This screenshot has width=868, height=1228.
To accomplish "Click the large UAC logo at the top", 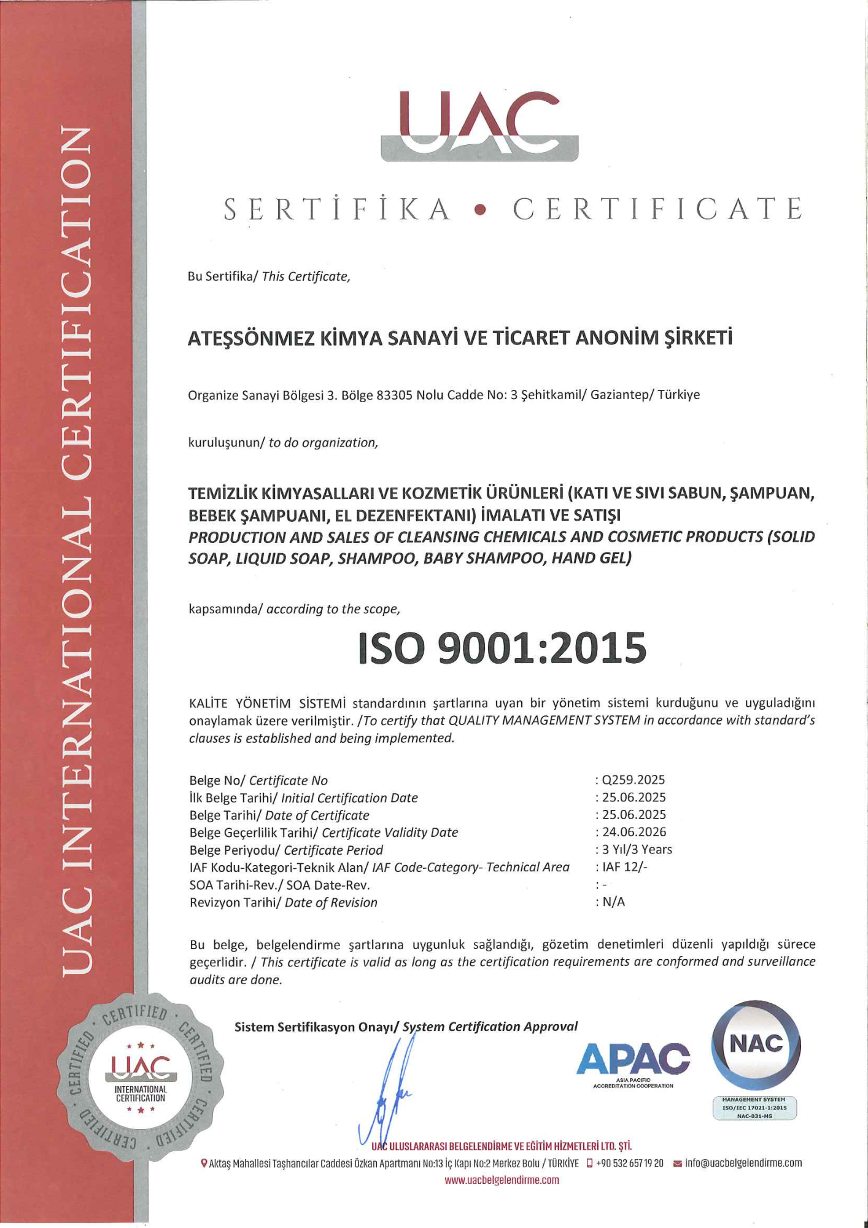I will tap(479, 126).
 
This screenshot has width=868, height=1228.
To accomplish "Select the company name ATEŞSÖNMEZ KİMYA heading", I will tap(460, 338).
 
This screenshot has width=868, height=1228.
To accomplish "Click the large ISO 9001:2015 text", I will tap(502, 648).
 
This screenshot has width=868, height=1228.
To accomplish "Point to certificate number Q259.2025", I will tap(633, 780).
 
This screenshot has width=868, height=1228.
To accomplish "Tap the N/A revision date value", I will tap(613, 902).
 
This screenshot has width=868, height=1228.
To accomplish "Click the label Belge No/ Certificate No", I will tap(258, 780).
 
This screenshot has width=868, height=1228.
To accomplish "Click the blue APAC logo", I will tap(633, 1060).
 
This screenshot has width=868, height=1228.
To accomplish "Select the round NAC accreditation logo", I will tap(756, 1045).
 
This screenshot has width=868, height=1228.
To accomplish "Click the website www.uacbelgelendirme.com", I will tap(502, 1180).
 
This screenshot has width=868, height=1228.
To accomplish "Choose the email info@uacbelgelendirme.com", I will tap(743, 1163).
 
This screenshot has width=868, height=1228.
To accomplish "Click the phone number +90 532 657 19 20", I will tap(629, 1163).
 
